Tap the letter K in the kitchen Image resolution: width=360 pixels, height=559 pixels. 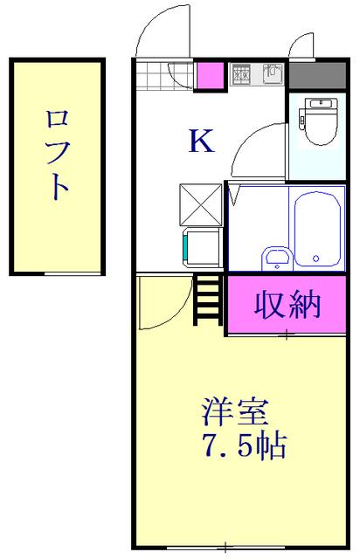[x=201, y=141]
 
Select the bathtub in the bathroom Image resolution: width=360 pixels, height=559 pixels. [x=316, y=229]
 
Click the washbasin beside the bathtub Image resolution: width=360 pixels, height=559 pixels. [x=277, y=257]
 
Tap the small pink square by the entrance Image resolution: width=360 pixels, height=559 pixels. [x=210, y=76]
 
